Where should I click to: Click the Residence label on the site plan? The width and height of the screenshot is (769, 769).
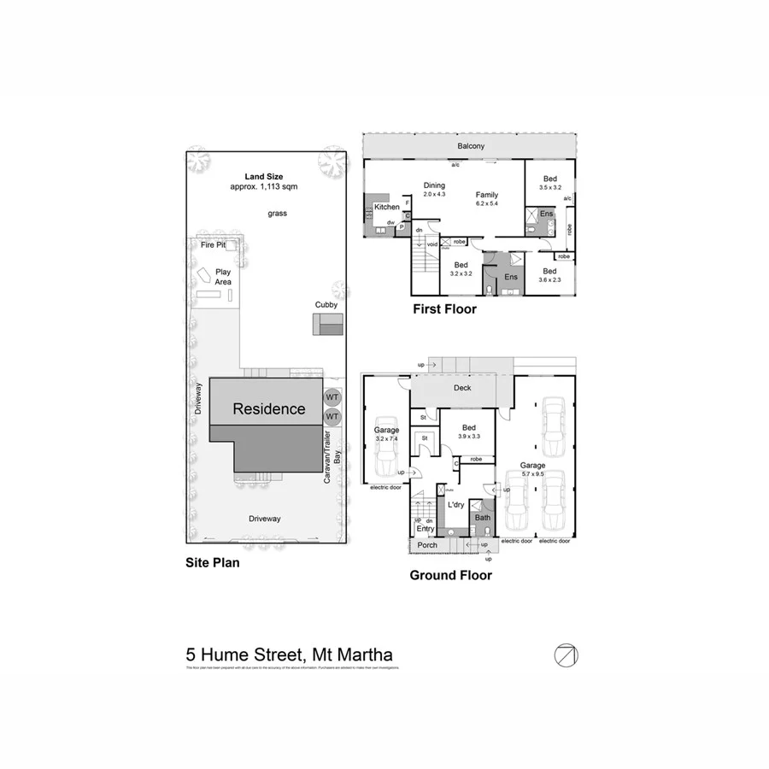[x=269, y=409]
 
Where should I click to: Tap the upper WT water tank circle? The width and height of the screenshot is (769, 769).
[x=332, y=397]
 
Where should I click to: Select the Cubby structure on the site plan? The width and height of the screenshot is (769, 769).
[x=326, y=325]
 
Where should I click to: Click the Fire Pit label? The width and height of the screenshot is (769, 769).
[x=213, y=245]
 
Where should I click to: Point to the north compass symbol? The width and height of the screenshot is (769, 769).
[x=565, y=655]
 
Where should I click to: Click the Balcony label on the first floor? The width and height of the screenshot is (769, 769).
[x=470, y=146]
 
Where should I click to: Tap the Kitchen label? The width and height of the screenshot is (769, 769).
[x=387, y=208]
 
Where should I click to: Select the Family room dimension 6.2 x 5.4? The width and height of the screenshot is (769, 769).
[x=487, y=206]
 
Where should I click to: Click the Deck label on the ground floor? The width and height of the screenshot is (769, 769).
[x=462, y=387]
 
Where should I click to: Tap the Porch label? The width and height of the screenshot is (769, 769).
[x=426, y=545]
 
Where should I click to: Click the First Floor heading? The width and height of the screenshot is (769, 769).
[x=444, y=309]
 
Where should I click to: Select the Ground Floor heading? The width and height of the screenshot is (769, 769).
[x=450, y=575]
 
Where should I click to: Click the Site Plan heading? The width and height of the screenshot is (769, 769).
[x=213, y=563]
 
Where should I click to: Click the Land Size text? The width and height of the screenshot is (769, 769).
[x=263, y=177]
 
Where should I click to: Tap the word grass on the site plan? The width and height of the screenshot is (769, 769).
[x=276, y=212]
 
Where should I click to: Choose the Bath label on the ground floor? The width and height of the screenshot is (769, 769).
[x=483, y=518]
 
